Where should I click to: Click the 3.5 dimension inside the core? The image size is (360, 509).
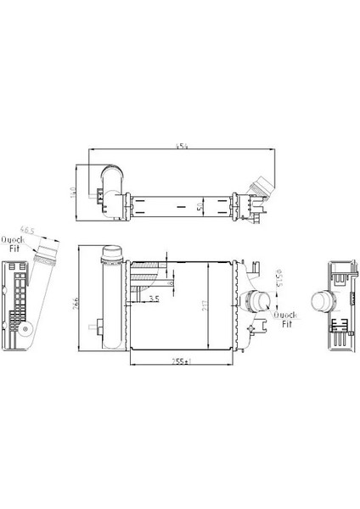(154, 299)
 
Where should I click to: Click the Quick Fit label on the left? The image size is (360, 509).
(12, 243)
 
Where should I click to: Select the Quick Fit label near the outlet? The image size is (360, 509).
(284, 318)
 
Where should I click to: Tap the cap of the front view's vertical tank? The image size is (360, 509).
(110, 252)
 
